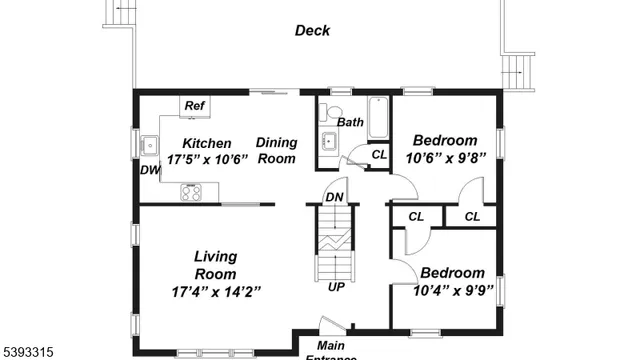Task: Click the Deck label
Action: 312,31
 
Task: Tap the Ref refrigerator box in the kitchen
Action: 194,106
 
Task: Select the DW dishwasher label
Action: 150,171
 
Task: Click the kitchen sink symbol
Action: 150,146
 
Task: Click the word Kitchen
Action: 206,143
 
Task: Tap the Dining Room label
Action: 277,151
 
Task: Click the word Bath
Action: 350,123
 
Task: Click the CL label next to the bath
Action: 379,154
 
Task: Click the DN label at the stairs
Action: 335,197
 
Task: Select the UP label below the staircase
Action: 337,287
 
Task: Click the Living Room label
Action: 215,265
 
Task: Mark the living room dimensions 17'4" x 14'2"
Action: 215,292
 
